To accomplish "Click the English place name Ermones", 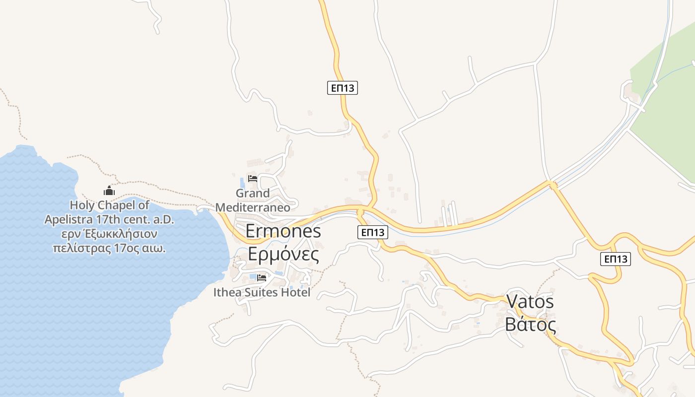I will [283, 231].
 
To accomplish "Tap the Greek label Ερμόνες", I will [283, 254].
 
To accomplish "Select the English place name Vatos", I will [530, 301].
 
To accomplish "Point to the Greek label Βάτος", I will [530, 325].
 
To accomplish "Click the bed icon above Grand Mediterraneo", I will [253, 179].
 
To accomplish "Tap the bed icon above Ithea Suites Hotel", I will [262, 278].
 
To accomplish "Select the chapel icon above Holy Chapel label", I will [109, 191].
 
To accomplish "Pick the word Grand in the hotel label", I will [253, 193].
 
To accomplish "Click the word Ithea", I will [227, 293].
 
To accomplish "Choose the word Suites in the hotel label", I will [262, 293].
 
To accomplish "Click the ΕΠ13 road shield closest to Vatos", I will [615, 259].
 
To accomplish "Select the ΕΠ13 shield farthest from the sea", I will [615, 259].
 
